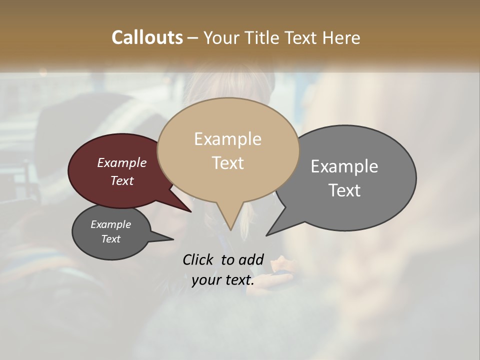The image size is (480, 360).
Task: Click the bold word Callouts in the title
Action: point(147,37)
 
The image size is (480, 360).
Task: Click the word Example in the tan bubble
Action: point(227,139)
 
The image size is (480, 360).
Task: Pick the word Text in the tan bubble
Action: point(227,163)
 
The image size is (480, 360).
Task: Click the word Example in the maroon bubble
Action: point(121,162)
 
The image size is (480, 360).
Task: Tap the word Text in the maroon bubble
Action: point(121,180)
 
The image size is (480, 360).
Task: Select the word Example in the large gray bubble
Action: point(344,166)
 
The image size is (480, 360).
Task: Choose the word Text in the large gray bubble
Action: point(344,190)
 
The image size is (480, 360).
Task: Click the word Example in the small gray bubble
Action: point(110,224)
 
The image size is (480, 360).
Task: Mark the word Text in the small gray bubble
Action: point(110,239)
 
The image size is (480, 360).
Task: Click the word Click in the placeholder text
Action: point(198,259)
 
